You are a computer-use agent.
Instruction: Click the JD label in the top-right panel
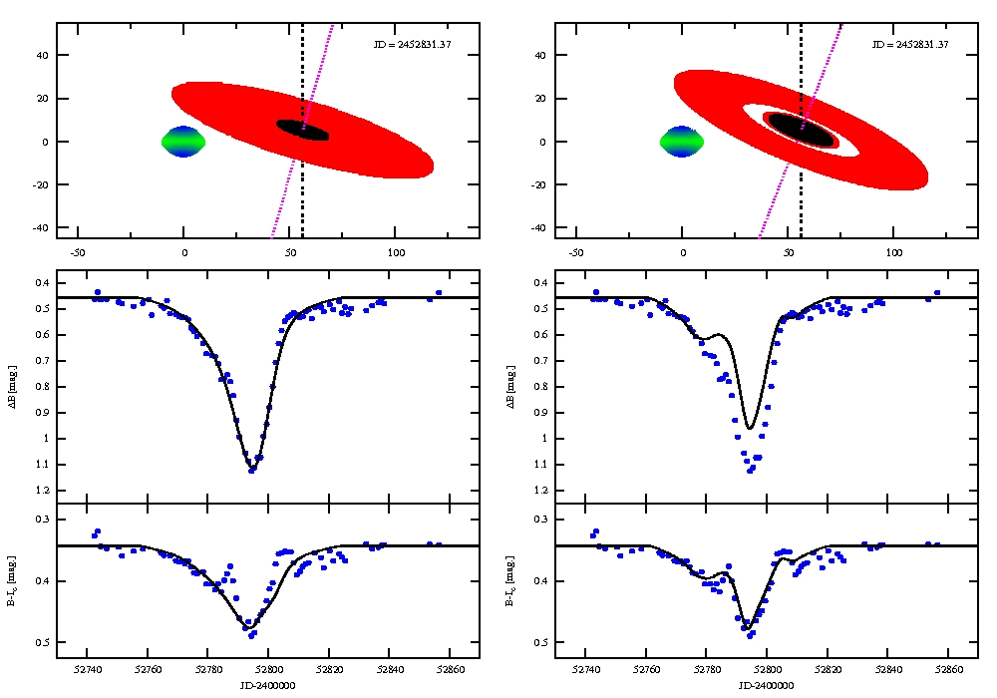point(910,45)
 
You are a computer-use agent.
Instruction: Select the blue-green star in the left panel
point(183,142)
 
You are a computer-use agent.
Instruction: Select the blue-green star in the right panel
point(682,142)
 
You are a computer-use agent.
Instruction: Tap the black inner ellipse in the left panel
point(302,131)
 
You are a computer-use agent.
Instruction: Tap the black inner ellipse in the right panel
point(800,130)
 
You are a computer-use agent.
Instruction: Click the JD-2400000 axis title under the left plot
point(268,686)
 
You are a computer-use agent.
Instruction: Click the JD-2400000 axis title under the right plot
point(767,686)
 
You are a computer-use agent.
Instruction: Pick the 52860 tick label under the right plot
point(949,670)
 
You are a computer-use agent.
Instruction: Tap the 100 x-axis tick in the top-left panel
point(396,250)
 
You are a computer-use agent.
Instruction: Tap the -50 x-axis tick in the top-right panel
point(575,250)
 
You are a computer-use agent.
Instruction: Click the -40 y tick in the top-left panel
point(43,227)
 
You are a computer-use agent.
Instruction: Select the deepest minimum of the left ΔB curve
point(252,470)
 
